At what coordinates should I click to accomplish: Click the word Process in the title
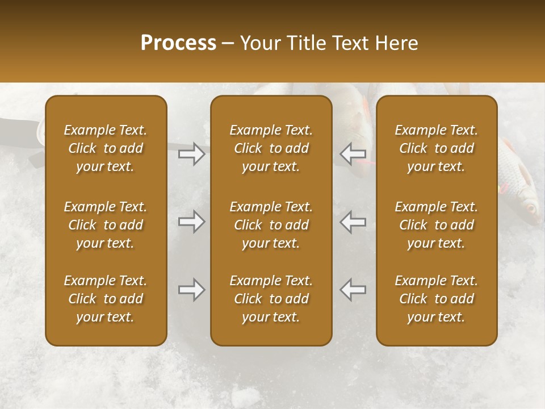(x=178, y=43)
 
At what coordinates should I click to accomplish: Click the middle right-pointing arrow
(x=192, y=222)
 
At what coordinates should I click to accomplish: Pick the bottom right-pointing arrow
(x=192, y=290)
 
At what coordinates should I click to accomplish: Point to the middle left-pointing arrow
(x=353, y=222)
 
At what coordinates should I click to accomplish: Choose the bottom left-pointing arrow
(x=353, y=290)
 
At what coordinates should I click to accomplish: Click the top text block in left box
(x=106, y=148)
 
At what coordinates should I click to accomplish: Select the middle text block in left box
(x=106, y=225)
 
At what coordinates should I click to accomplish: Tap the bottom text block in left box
(x=106, y=299)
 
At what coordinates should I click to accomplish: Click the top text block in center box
(x=271, y=148)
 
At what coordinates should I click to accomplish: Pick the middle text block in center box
(x=271, y=225)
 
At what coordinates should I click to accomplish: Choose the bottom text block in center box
(x=271, y=299)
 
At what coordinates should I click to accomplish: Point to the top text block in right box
(x=437, y=148)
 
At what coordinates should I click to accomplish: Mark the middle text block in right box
(x=437, y=225)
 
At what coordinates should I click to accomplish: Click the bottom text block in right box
(x=437, y=299)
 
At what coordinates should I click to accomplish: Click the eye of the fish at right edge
(x=531, y=208)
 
